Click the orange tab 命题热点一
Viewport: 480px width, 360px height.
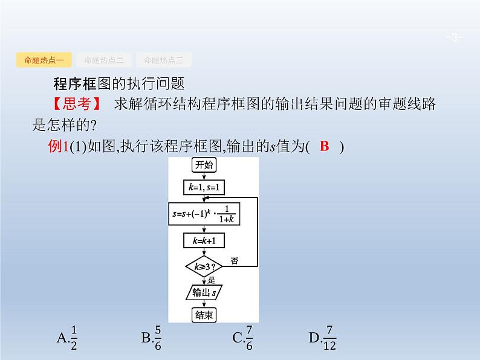45,60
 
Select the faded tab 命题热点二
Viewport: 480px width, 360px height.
104,60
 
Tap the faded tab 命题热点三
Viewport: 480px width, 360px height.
164,60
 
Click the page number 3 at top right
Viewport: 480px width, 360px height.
453,39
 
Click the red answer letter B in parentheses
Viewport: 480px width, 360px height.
324,146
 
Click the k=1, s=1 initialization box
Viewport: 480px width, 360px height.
204,188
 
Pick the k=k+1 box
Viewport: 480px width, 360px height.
204,240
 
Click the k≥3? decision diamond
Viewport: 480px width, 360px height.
204,265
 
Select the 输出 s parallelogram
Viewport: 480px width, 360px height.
204,292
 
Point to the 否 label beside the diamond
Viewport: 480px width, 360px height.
234,261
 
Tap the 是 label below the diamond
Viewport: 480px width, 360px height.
211,280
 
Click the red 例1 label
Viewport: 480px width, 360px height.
58,146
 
